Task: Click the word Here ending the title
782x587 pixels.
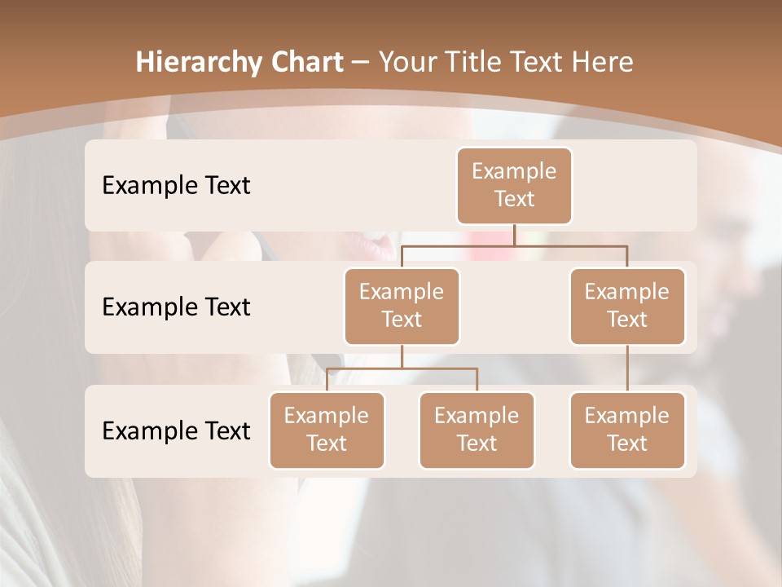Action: pyautogui.click(x=601, y=63)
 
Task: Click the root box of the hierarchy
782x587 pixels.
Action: pyautogui.click(x=514, y=185)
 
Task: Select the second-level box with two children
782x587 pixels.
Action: pyautogui.click(x=402, y=306)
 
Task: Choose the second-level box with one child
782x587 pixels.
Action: pyautogui.click(x=627, y=306)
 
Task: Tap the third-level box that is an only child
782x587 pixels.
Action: pyautogui.click(x=627, y=430)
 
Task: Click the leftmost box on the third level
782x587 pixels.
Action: pyautogui.click(x=327, y=430)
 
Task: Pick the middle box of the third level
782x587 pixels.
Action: pyautogui.click(x=477, y=430)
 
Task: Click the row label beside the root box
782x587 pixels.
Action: pyautogui.click(x=176, y=185)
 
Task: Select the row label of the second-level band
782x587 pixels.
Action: pyautogui.click(x=176, y=307)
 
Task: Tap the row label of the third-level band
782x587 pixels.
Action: pyautogui.click(x=176, y=430)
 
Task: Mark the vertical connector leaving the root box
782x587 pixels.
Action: pyautogui.click(x=514, y=235)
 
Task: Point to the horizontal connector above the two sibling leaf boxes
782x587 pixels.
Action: pyautogui.click(x=402, y=369)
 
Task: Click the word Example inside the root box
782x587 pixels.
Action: pyautogui.click(x=514, y=171)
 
